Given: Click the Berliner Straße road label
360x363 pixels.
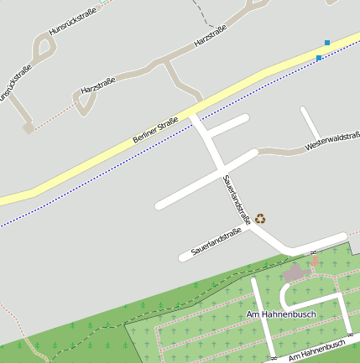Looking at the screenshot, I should (156, 129).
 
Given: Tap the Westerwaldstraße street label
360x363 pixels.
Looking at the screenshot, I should (332, 142).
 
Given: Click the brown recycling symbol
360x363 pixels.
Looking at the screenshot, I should (260, 219).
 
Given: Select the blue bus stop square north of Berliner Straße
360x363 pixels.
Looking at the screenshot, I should (327, 42).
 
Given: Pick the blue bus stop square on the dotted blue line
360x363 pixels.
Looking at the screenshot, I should (319, 58).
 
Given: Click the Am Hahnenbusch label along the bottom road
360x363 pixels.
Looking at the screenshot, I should (317, 351).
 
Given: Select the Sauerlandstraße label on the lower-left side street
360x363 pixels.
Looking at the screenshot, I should (216, 241).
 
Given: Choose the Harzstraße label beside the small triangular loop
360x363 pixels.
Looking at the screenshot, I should (98, 86).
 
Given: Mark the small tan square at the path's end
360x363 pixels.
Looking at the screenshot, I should (29, 128).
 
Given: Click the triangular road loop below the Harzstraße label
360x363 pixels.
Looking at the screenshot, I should (83, 103).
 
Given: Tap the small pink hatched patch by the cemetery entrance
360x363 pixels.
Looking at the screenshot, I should (315, 262).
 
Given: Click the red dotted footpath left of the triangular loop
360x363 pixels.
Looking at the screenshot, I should (55, 117).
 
